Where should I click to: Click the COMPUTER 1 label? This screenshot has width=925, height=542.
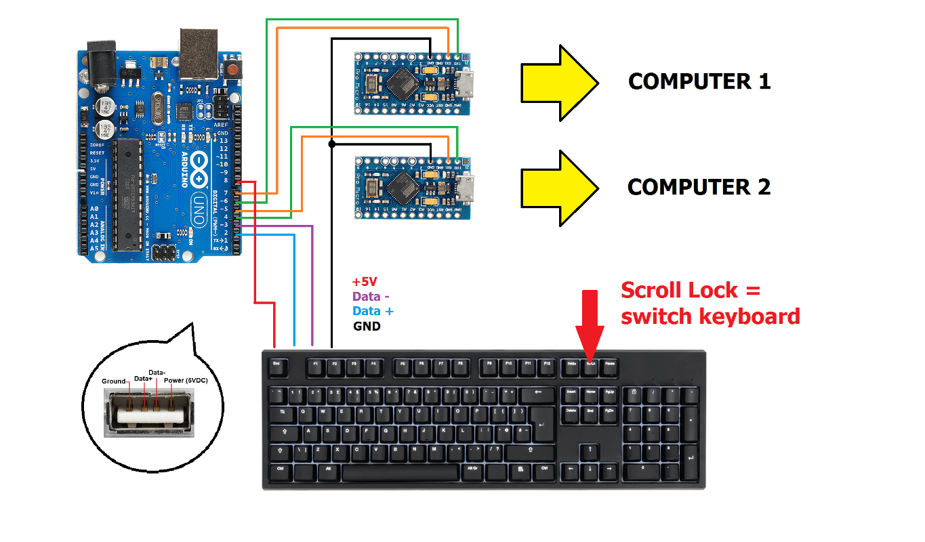[x=699, y=82]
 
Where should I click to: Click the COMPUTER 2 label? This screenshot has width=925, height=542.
[x=699, y=187]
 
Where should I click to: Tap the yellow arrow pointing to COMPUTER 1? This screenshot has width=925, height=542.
[x=558, y=83]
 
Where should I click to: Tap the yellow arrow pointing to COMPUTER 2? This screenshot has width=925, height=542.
[x=558, y=188]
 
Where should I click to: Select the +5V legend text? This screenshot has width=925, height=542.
[x=365, y=282]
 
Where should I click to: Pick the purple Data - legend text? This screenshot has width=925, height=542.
[x=371, y=296]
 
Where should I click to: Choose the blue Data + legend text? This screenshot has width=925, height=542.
[x=373, y=311]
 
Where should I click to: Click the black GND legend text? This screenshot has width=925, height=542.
[x=367, y=326]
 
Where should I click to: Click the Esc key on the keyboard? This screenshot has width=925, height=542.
[x=276, y=364]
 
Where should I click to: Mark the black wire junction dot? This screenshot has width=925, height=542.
[x=331, y=144]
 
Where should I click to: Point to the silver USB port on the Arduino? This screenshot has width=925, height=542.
[x=199, y=51]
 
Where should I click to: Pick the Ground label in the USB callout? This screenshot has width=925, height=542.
[x=114, y=381]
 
